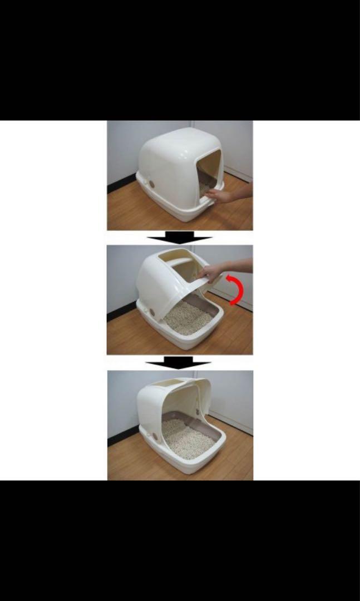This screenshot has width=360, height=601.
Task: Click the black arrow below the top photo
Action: coord(179,238)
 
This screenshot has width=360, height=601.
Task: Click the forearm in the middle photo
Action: coord(239,265)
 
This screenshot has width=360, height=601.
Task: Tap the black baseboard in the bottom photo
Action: coord(120,437)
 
